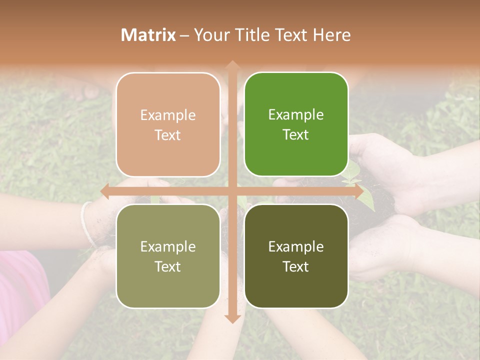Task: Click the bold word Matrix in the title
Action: [148, 35]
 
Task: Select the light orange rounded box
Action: [168, 125]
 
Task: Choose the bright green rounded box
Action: [296, 125]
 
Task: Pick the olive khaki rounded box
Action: [168, 256]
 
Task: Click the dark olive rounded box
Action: [296, 256]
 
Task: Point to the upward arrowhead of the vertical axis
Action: [232, 65]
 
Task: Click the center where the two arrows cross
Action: [232, 191]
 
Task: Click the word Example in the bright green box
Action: [296, 115]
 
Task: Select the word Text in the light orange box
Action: [168, 135]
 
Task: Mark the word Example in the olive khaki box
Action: [168, 246]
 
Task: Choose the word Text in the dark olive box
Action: [296, 267]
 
